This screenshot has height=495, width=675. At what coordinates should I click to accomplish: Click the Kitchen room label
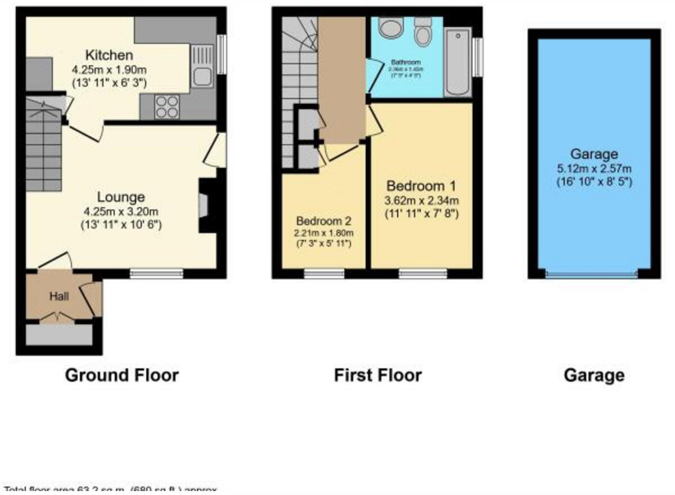pos(109,55)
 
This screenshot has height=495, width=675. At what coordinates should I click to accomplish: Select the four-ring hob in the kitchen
pos(166,106)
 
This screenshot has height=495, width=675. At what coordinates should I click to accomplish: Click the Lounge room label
pos(121,197)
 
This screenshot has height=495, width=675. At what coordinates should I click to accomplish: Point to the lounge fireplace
pos(205,205)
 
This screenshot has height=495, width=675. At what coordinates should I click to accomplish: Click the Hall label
pos(58,296)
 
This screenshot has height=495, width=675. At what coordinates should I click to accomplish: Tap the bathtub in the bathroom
pos(457,63)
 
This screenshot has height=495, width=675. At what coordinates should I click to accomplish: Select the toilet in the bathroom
pos(422,31)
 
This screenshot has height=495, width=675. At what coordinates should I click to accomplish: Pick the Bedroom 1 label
pos(421,186)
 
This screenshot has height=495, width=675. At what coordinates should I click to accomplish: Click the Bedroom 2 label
pos(324,220)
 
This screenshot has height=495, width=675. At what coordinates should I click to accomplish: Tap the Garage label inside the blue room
pos(594,154)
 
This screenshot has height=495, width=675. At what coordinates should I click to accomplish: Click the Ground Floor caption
pos(121,375)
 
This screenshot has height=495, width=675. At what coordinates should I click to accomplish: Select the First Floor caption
pos(377,375)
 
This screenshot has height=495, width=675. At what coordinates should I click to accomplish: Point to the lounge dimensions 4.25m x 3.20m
pos(121,212)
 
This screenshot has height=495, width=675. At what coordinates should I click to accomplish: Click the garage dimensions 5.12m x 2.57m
pos(594,168)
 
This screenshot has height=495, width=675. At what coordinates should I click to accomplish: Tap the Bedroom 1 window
pos(423,274)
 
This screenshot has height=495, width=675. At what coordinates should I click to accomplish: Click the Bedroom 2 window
pos(324,274)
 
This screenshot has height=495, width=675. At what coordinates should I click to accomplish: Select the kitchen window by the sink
pos(222,55)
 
